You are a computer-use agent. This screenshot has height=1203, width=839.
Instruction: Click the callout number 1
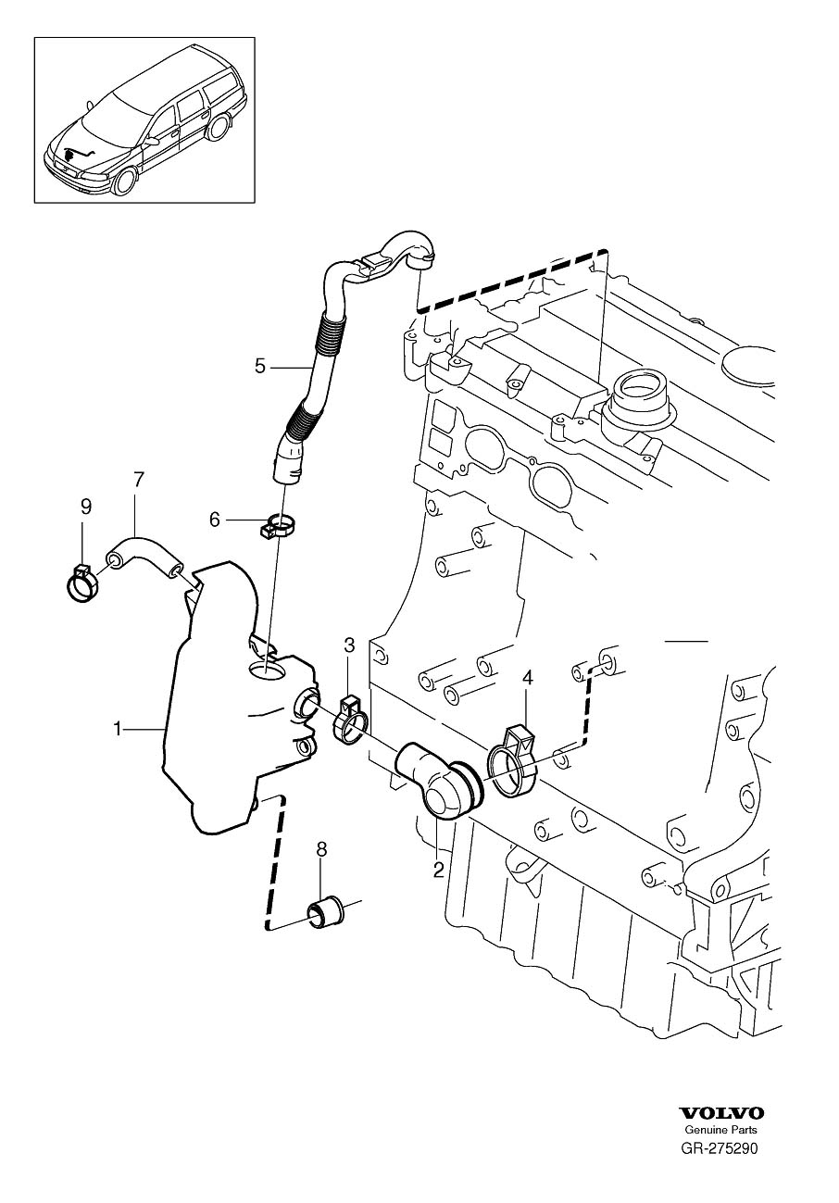[x=117, y=730]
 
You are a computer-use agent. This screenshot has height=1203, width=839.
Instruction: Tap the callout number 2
[x=439, y=870]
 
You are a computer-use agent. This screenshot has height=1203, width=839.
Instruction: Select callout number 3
[x=349, y=645]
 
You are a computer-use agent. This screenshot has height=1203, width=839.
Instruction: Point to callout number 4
[x=528, y=678]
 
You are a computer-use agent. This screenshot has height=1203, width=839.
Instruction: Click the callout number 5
[x=260, y=367]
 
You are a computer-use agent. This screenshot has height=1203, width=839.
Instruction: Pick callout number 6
[x=214, y=520]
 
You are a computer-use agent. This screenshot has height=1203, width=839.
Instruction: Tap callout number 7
[x=139, y=479]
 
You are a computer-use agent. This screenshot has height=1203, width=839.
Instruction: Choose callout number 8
[x=321, y=849]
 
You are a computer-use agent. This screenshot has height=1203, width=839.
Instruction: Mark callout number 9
[x=86, y=506]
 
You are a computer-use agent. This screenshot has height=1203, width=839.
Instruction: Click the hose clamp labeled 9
[x=82, y=583]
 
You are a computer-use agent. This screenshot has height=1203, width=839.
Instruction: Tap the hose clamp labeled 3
[x=349, y=721]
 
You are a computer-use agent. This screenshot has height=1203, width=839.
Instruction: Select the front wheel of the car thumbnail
[x=125, y=182]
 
